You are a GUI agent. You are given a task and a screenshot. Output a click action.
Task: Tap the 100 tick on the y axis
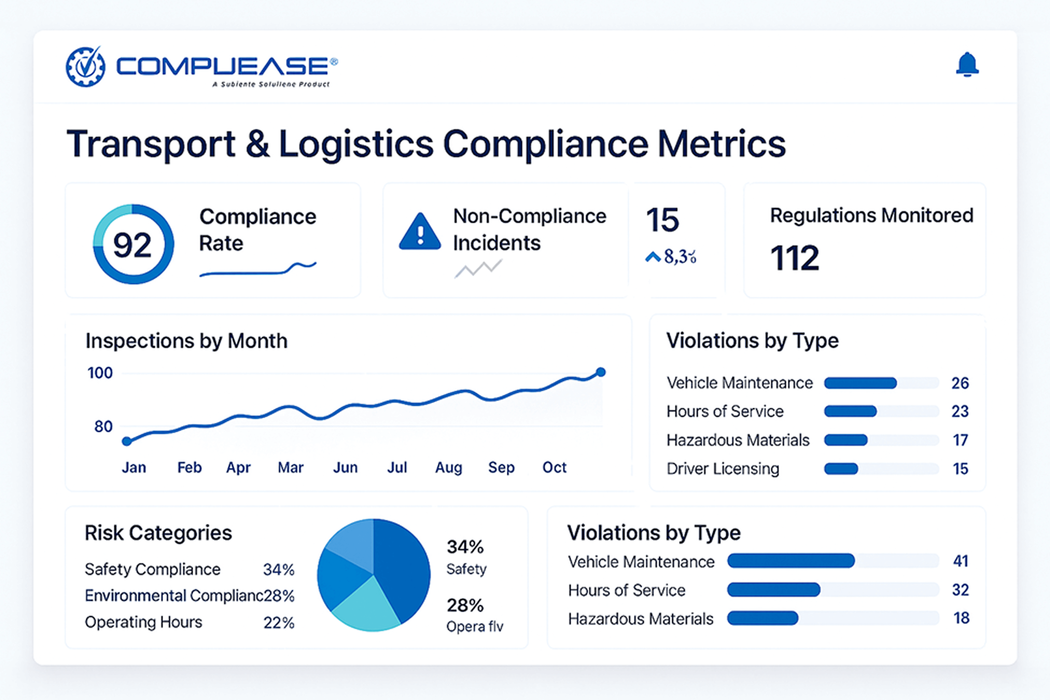[x=100, y=373]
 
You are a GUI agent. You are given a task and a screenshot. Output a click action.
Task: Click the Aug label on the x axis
[x=449, y=467]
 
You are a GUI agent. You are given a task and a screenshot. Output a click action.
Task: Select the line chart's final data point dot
[x=601, y=372]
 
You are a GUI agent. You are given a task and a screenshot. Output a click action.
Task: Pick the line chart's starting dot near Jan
[x=127, y=442]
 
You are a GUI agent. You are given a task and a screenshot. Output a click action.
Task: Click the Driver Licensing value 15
[x=960, y=469]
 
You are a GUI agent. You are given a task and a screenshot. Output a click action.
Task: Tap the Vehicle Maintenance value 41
[x=961, y=561]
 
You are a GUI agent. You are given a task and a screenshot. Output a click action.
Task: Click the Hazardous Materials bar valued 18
[x=762, y=618]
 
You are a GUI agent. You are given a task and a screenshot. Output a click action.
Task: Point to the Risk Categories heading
[x=159, y=533]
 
